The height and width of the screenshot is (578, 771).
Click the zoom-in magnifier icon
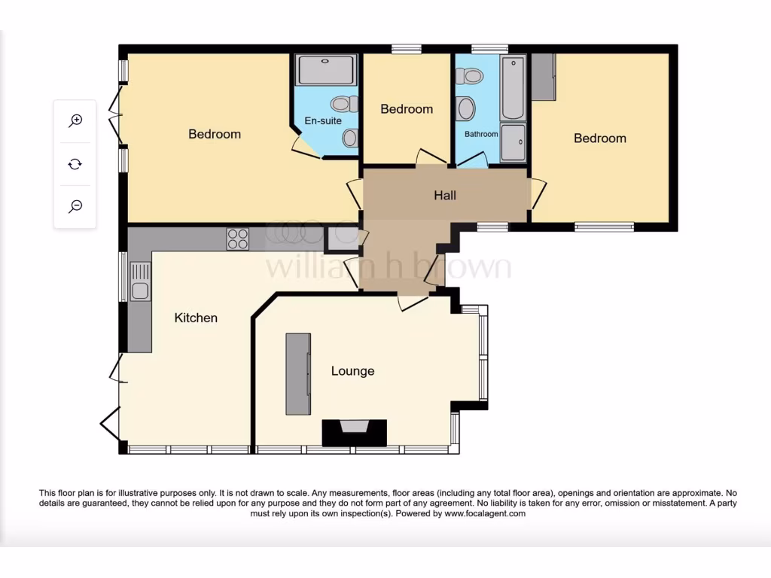[x=75, y=120]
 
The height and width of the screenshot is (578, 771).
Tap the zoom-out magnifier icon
[x=75, y=206]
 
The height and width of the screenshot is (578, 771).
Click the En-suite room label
[x=323, y=120]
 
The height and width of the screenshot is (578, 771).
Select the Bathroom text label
[x=481, y=134]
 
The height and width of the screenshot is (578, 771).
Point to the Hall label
[x=445, y=196]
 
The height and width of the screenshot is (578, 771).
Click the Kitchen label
[x=196, y=318]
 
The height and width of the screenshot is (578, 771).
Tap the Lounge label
[x=352, y=371]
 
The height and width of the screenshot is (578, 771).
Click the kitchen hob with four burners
[x=238, y=239]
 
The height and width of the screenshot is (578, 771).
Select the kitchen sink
[x=140, y=281]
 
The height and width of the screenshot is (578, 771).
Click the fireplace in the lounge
[x=354, y=432]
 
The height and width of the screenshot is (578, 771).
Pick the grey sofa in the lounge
[x=298, y=373]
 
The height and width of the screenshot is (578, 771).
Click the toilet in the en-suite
[x=345, y=104]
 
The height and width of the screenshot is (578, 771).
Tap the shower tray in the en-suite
[x=327, y=70]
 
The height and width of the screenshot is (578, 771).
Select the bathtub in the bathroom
[x=513, y=87]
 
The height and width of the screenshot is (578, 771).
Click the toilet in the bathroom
[x=473, y=75]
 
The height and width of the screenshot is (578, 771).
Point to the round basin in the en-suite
[x=350, y=138]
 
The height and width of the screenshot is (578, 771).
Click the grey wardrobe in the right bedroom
[x=543, y=77]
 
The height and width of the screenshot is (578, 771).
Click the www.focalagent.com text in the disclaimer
[x=485, y=513]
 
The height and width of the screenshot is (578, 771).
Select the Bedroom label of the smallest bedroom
[x=407, y=109]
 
